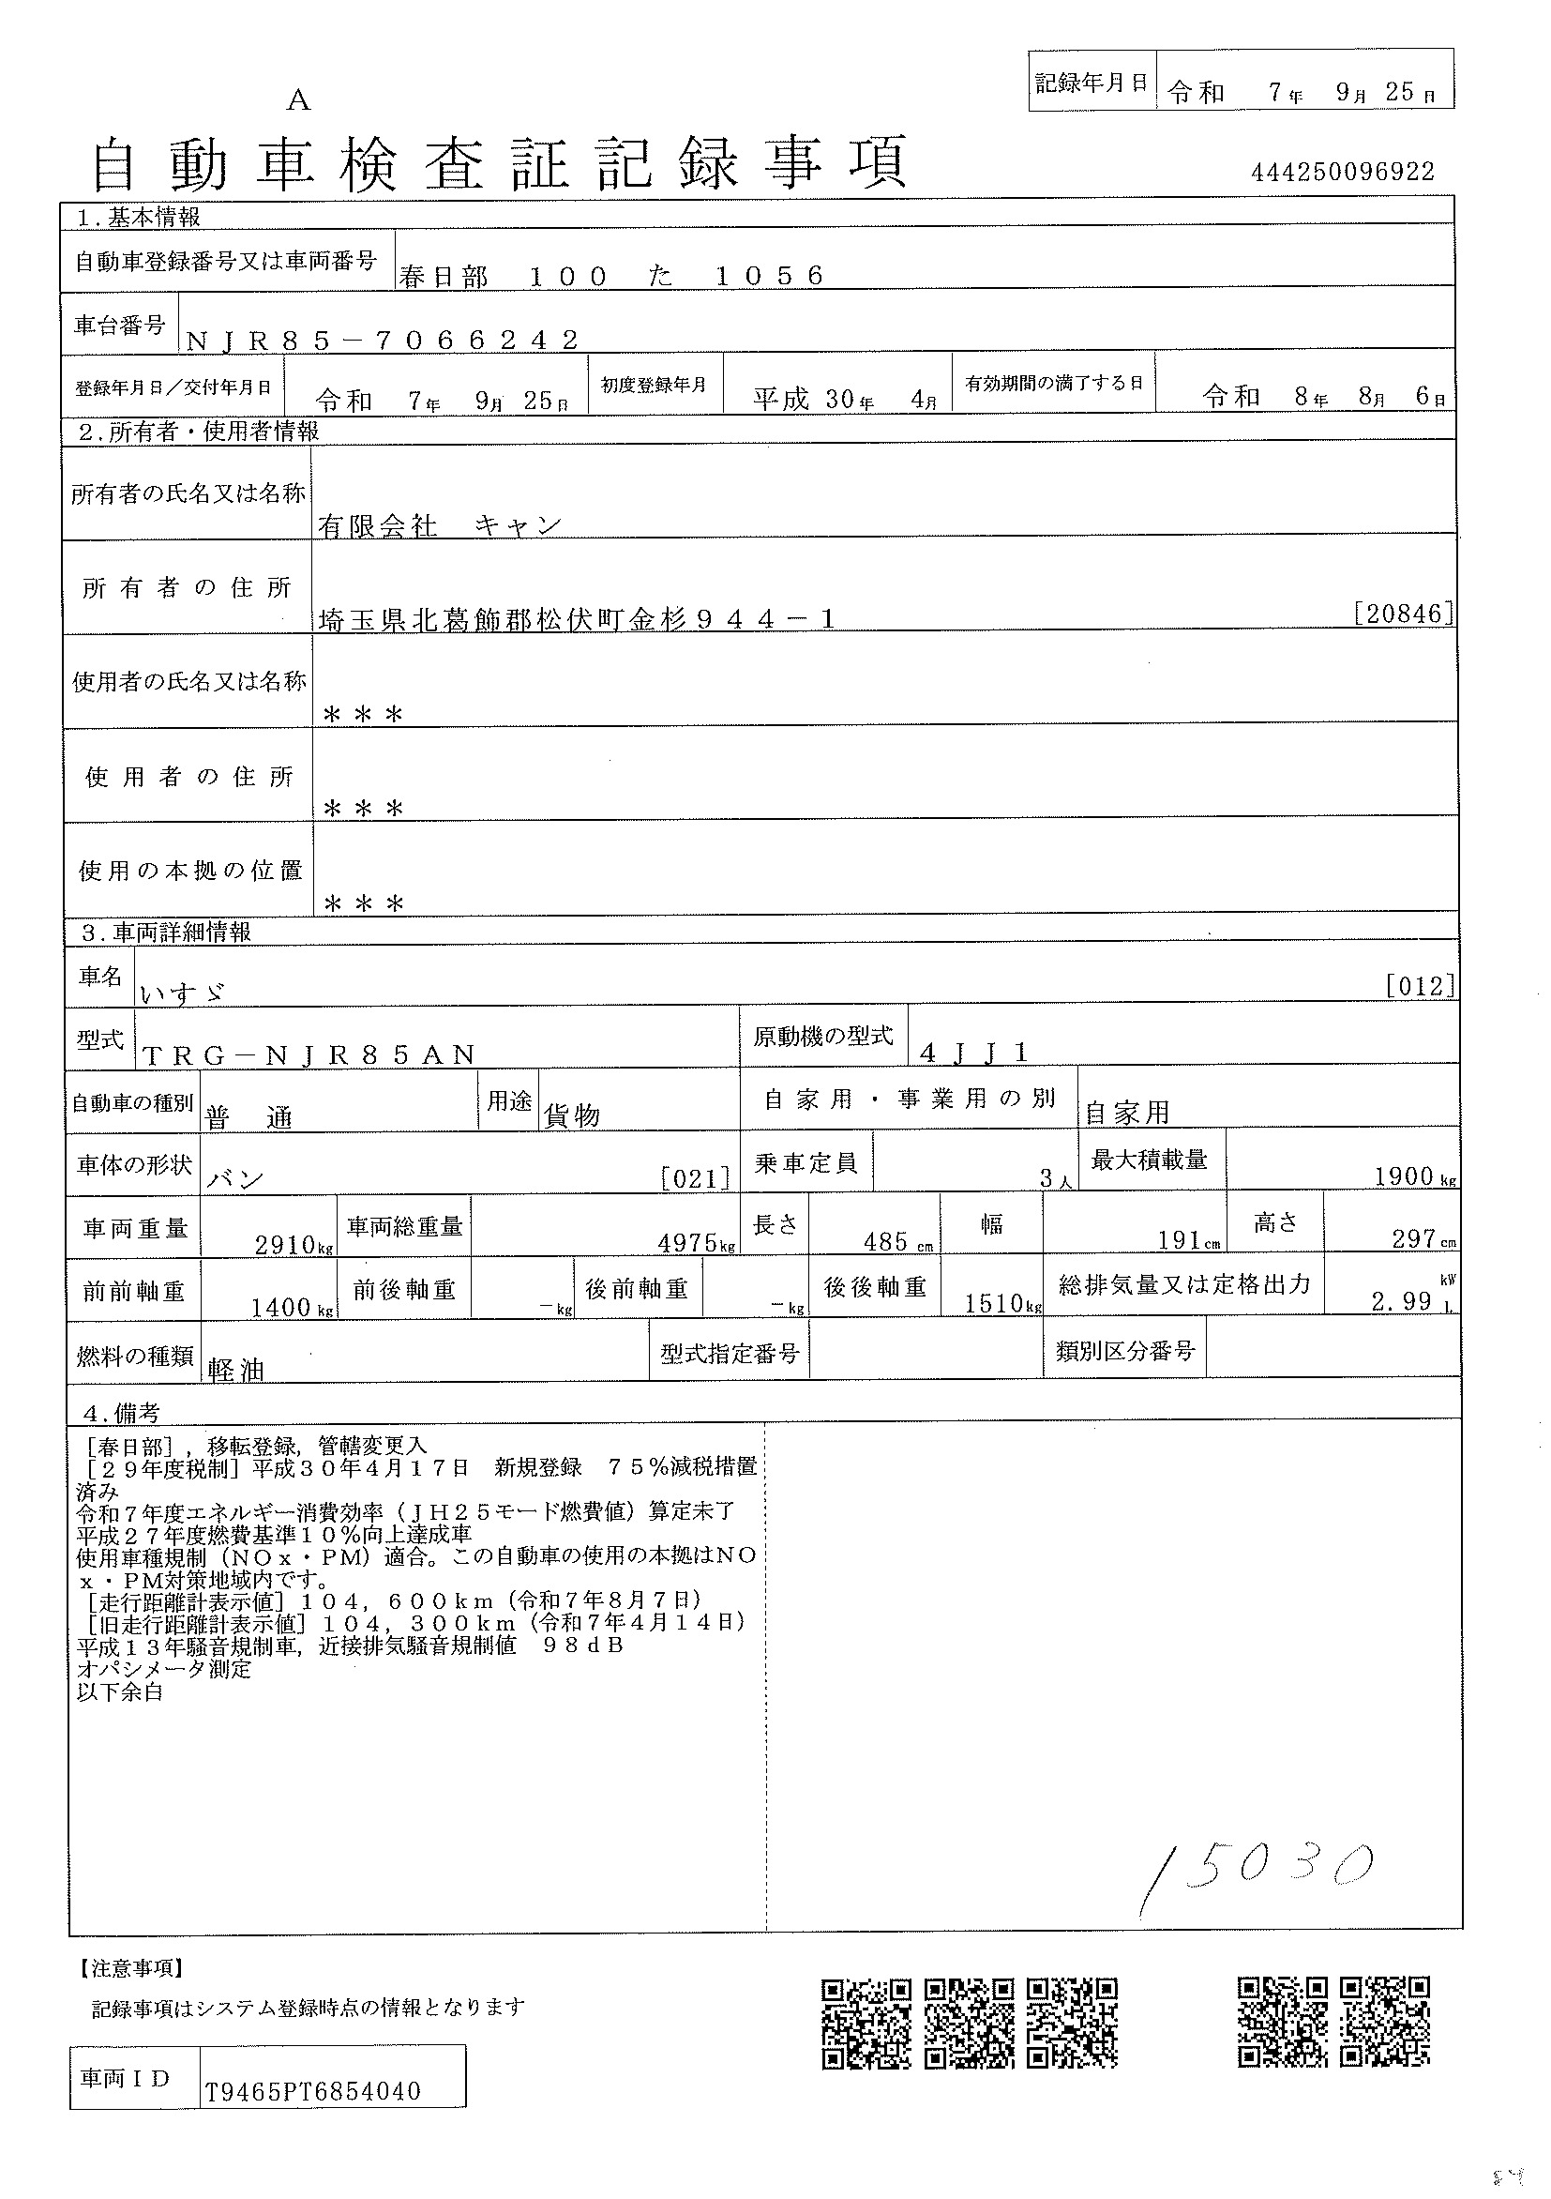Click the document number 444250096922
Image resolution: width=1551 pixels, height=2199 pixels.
click(1342, 172)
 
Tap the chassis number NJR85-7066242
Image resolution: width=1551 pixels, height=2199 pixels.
click(382, 340)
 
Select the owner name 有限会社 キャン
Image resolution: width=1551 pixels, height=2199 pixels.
click(440, 524)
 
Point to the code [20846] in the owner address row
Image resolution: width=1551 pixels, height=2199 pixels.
click(1405, 614)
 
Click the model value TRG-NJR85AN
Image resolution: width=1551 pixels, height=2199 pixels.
click(309, 1054)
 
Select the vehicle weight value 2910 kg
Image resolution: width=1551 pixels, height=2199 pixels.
click(293, 1244)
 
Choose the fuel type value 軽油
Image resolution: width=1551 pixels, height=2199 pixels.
click(235, 1371)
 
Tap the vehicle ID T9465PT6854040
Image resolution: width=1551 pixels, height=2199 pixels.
click(313, 2092)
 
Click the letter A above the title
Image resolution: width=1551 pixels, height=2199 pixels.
click(299, 100)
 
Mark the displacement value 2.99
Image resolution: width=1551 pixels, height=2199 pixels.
click(1402, 1300)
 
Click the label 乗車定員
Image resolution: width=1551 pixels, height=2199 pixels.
click(806, 1163)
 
